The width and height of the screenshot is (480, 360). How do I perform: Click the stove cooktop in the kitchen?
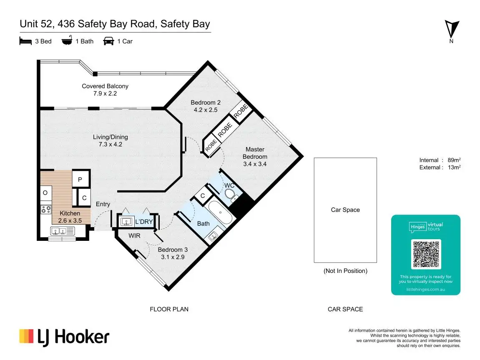[x=46, y=209]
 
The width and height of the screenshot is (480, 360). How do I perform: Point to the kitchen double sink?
[x=62, y=230]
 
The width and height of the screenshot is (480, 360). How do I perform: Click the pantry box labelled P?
[x=80, y=179]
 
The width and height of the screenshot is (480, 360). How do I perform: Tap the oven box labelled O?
[x=45, y=193]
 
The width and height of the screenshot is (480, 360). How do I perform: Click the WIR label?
[x=134, y=235]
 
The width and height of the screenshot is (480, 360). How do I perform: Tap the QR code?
[x=426, y=254]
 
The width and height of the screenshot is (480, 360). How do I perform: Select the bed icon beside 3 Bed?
[x=26, y=41]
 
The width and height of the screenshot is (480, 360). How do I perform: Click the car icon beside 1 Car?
[x=108, y=41]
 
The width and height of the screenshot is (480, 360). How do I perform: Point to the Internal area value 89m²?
[x=453, y=160]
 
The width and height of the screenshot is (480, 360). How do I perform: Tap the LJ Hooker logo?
[x=64, y=337]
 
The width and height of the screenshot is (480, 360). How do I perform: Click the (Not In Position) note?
[x=345, y=271]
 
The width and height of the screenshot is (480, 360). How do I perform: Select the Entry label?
[x=103, y=204]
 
